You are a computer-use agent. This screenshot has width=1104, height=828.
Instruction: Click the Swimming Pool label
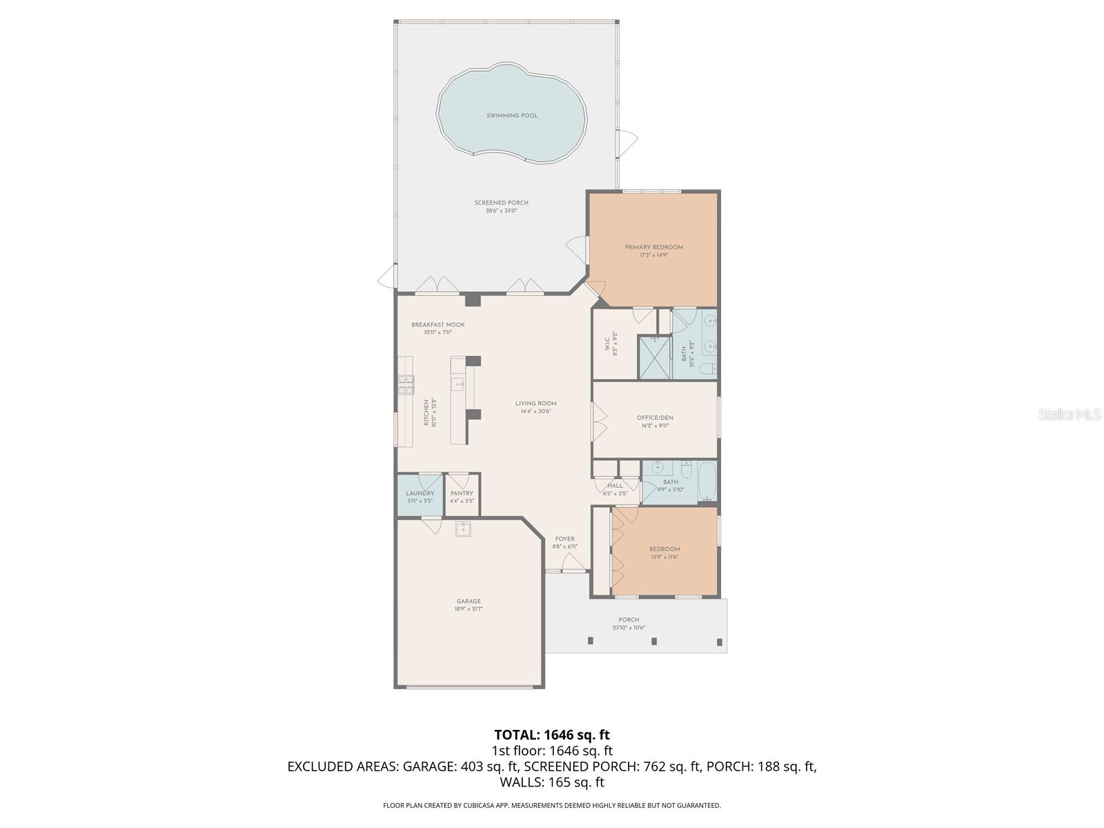[x=511, y=116]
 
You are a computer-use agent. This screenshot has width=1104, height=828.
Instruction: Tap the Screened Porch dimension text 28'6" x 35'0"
[x=501, y=210]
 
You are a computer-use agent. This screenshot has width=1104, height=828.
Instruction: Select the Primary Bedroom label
[x=653, y=247]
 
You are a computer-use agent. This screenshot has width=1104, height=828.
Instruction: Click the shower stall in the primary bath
[x=653, y=357]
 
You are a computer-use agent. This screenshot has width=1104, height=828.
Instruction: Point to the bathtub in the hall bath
[x=707, y=482]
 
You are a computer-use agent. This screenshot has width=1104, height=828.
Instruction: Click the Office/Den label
[x=655, y=417]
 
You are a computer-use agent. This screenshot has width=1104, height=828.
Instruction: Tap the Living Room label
[x=535, y=404]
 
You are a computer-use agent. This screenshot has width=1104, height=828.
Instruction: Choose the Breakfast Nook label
[x=437, y=325]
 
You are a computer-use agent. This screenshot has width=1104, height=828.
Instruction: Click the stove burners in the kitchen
[x=405, y=384]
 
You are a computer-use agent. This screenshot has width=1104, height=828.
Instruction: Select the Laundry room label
[x=420, y=493]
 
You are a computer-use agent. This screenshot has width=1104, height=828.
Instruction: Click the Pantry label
[x=462, y=493]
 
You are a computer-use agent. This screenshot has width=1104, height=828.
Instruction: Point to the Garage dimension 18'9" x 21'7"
[x=468, y=609]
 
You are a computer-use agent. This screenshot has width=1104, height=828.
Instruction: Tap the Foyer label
[x=564, y=539]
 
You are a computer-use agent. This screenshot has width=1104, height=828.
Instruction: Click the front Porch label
[x=628, y=620]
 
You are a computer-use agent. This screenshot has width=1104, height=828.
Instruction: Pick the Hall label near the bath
[x=614, y=486]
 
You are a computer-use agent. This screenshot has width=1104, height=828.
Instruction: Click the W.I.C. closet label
[x=608, y=344]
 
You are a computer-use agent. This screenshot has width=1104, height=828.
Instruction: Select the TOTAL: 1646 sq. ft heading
[x=551, y=735]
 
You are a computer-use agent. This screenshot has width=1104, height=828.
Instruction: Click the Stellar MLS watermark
[x=1070, y=414]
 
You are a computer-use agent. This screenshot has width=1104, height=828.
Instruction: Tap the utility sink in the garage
[x=462, y=529]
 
